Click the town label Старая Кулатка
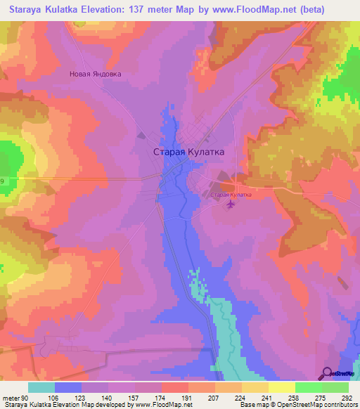(x=188, y=151)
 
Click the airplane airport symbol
(x=231, y=204)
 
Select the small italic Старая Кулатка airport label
(x=231, y=193)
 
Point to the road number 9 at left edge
(x=2, y=181)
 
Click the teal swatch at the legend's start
(x=41, y=387)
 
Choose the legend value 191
(x=187, y=397)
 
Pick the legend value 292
(x=346, y=397)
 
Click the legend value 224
(x=240, y=397)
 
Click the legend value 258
(x=293, y=397)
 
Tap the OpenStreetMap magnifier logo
(x=328, y=373)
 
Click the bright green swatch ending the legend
(x=335, y=387)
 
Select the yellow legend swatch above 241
(x=255, y=387)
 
